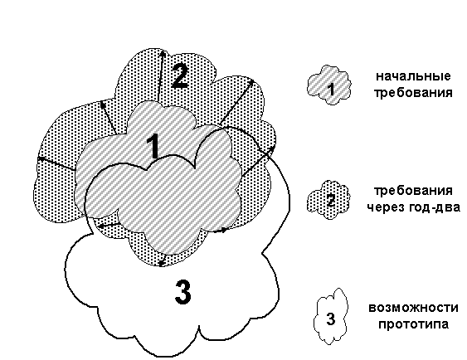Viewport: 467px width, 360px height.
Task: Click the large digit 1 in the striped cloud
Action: [x=154, y=146]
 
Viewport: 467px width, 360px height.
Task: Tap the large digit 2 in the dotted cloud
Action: [x=180, y=76]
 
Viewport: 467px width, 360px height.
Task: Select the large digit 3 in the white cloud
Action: [x=182, y=292]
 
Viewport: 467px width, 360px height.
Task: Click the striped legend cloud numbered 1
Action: [x=329, y=85]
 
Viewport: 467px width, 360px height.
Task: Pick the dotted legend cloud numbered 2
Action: [x=328, y=199]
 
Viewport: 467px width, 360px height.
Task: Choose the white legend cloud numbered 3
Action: [x=331, y=316]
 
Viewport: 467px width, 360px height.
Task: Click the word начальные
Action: [x=413, y=76]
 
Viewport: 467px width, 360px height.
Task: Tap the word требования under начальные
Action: [x=413, y=93]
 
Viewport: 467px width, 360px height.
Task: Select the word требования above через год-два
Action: [x=413, y=190]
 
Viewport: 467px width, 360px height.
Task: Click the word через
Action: [x=386, y=207]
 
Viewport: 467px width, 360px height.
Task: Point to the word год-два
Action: [x=435, y=207]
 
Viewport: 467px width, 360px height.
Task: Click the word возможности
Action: [x=413, y=307]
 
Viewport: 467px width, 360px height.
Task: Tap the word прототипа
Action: [x=413, y=324]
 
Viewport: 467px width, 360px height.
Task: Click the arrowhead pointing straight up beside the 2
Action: [x=163, y=53]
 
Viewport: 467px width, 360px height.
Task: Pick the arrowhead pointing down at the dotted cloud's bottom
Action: [x=162, y=263]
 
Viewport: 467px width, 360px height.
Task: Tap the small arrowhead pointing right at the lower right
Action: [x=225, y=230]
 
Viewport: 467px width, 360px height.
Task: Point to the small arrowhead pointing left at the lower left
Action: [x=101, y=226]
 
